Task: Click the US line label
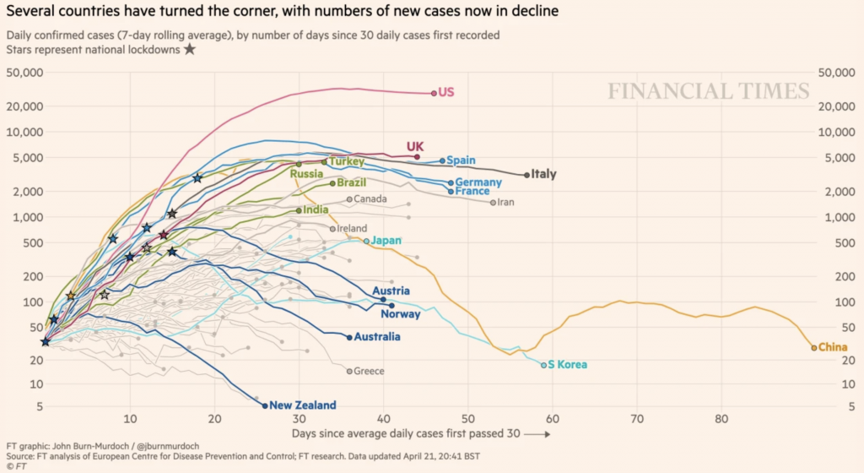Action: (x=446, y=92)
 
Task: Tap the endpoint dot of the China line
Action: (x=814, y=347)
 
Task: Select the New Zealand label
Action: (x=304, y=405)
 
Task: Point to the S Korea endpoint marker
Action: (x=544, y=365)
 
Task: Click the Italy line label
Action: (x=544, y=175)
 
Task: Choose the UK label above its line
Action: (x=415, y=146)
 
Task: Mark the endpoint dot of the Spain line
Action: (x=442, y=160)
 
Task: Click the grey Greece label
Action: (x=369, y=372)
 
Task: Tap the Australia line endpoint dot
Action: (x=350, y=337)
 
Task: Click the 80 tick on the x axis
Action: (x=721, y=420)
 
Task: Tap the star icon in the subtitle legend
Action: (x=190, y=50)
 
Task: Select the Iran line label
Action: (x=505, y=203)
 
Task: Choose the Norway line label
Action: (x=400, y=315)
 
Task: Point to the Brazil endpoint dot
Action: (x=332, y=183)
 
